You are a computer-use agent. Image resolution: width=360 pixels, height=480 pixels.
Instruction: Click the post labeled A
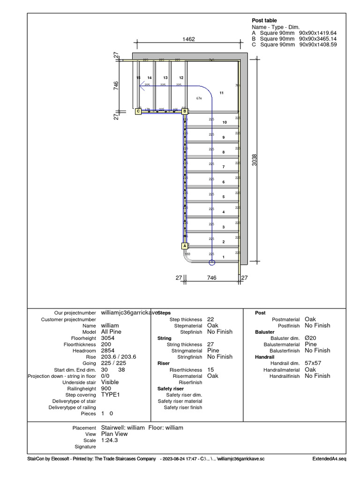184,246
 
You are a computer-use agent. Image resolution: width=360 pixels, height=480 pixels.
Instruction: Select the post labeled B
185,111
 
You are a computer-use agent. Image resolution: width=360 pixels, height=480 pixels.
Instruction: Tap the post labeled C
138,111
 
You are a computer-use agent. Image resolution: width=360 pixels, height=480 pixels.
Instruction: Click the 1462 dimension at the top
188,40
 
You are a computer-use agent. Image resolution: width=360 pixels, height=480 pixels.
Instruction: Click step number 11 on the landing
222,93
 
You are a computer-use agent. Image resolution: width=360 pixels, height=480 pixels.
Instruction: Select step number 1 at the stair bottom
224,257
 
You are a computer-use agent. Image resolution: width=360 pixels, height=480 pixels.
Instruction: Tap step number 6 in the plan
224,182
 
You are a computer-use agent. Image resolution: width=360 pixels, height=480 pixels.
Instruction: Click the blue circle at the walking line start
211,262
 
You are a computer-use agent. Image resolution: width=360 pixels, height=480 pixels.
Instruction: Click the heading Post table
264,21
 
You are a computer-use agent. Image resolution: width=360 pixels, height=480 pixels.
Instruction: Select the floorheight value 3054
108,337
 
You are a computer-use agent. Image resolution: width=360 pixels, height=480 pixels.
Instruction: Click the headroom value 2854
108,350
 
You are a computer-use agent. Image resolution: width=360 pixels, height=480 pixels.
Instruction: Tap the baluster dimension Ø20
310,337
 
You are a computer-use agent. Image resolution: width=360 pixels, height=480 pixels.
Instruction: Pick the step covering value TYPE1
111,395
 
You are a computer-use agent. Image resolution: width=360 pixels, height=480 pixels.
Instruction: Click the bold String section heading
165,338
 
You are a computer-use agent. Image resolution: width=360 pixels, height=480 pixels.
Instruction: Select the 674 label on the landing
199,98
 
